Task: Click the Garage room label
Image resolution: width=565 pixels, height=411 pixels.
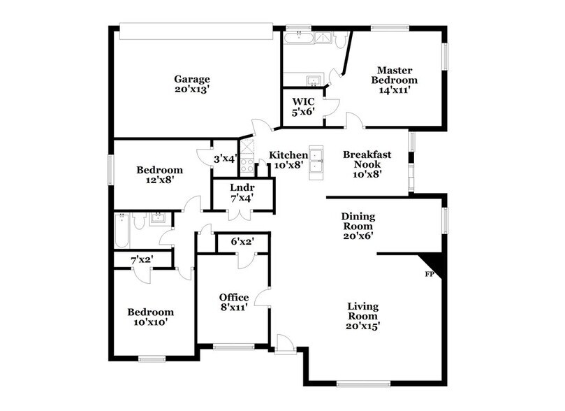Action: coord(192,84)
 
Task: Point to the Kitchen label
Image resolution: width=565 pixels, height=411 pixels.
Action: coord(288,159)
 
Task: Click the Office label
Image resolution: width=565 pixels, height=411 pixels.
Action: coord(233,303)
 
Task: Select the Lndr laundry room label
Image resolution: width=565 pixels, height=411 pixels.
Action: coord(242,192)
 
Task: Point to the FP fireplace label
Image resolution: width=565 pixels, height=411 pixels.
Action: coord(430,274)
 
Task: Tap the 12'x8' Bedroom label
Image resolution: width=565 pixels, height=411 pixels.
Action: coord(159,174)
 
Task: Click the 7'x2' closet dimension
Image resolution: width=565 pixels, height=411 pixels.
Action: coord(142,260)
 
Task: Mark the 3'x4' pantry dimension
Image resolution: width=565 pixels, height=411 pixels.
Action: coord(226,159)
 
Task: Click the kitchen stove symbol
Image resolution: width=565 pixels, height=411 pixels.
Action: coord(246,166)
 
